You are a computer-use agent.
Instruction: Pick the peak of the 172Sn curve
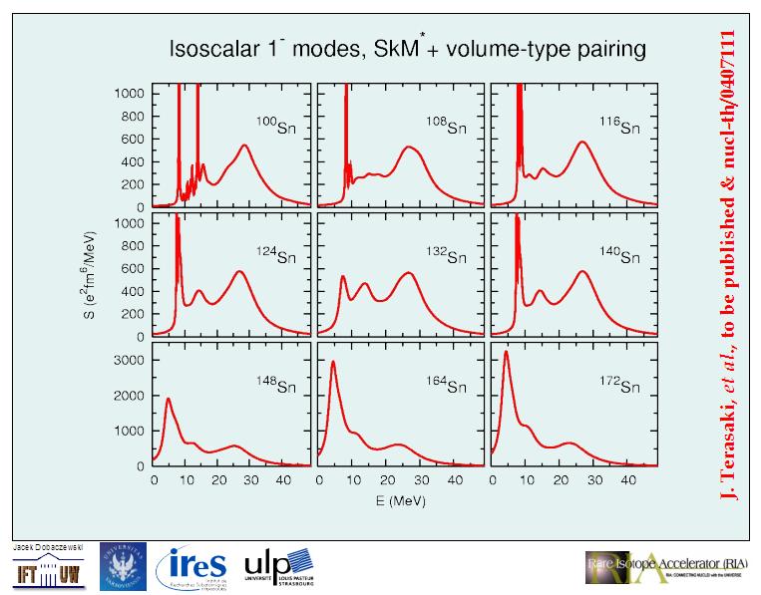pyautogui.click(x=507, y=352)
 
